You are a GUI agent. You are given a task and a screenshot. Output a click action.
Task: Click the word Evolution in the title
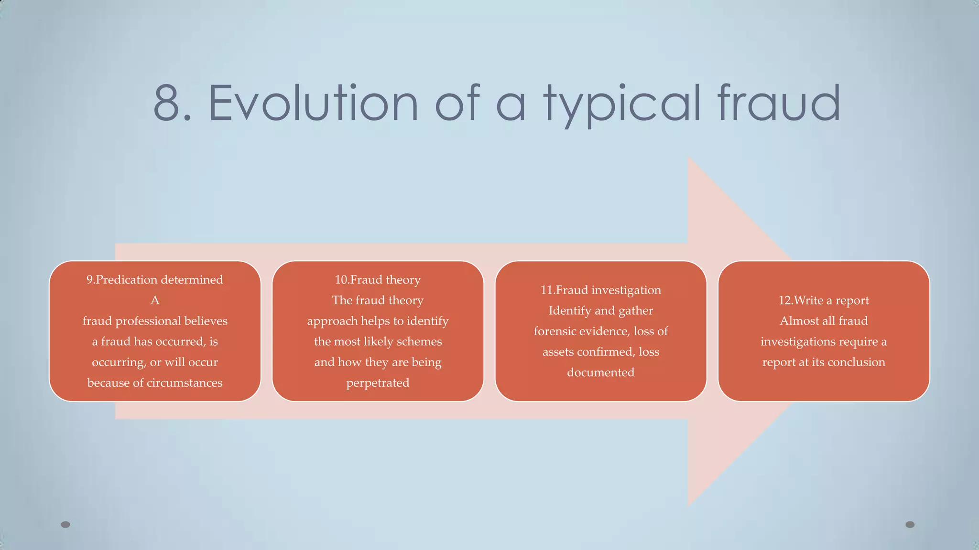coord(313,103)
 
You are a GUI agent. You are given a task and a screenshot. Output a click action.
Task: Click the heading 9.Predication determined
coord(154,280)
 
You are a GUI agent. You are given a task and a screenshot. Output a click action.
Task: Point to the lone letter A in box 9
coord(154,300)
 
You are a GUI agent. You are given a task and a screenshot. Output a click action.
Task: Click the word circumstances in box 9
coord(185,383)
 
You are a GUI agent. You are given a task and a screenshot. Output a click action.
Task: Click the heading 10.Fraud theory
coord(378,280)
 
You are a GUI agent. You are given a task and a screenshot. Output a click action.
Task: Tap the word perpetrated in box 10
coord(378,383)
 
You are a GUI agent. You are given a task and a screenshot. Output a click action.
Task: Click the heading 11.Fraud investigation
coord(600,290)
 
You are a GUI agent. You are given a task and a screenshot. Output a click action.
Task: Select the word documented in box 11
coord(600,372)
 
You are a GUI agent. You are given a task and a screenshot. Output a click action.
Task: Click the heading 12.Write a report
coord(824,300)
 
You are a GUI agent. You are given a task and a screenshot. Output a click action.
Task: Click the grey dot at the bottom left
coord(65,525)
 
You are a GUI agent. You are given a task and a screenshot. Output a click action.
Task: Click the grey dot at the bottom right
coord(910,525)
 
